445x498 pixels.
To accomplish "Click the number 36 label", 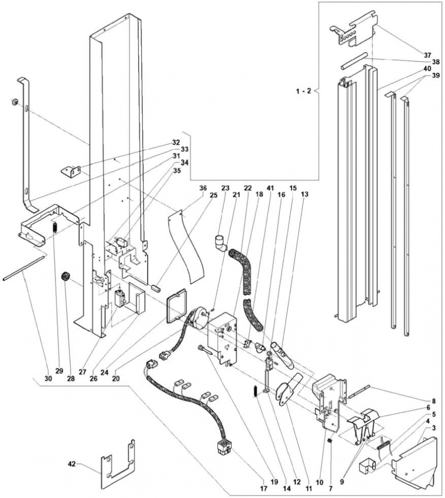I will pos(203,188).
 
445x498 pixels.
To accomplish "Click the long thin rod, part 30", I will pos(26,269).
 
